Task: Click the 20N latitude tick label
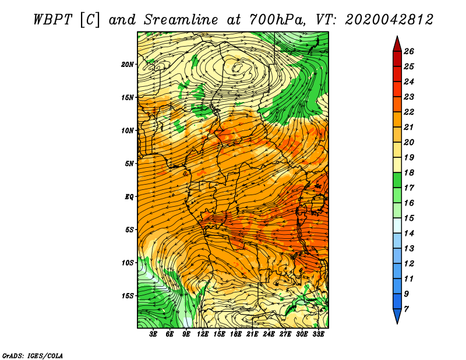pyautogui.click(x=127, y=65)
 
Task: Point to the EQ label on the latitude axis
pyautogui.click(x=129, y=197)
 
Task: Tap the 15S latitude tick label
pyautogui.click(x=128, y=296)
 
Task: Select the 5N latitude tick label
pyautogui.click(x=129, y=164)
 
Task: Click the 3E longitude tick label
pyautogui.click(x=153, y=334)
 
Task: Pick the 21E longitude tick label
pyautogui.click(x=252, y=334)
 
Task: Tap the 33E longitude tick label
pyautogui.click(x=318, y=334)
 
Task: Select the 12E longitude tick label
pyautogui.click(x=202, y=334)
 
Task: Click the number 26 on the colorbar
pyautogui.click(x=409, y=51)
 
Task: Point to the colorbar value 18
pyautogui.click(x=409, y=172)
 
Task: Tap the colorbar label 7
pyautogui.click(x=406, y=309)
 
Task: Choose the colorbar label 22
pyautogui.click(x=409, y=112)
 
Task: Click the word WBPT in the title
pyautogui.click(x=52, y=20)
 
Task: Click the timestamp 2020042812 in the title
pyautogui.click(x=389, y=20)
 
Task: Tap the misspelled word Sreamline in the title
pyautogui.click(x=181, y=20)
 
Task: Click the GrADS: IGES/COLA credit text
pyautogui.click(x=33, y=356)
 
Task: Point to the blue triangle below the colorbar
pyautogui.click(x=397, y=315)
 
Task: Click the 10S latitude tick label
pyautogui.click(x=128, y=263)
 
